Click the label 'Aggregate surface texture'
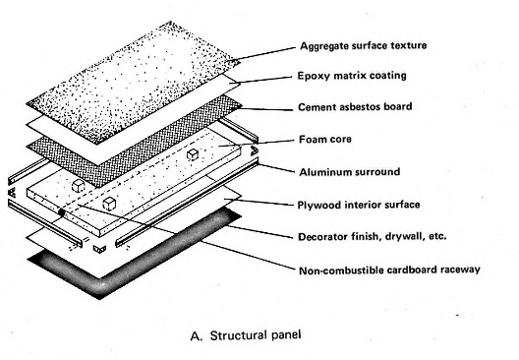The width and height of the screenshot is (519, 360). [x=363, y=45]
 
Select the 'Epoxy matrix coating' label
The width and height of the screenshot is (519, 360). [x=352, y=76]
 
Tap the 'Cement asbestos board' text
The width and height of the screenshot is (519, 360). [x=355, y=107]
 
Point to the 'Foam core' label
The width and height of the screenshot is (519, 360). [x=325, y=139]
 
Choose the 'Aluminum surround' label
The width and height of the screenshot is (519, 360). [x=350, y=172]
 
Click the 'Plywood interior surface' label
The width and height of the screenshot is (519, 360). [x=359, y=205]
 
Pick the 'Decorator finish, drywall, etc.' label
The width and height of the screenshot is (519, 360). [x=372, y=237]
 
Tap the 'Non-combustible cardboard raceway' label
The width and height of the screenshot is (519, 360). [x=389, y=270]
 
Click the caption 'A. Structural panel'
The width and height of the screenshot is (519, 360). [x=246, y=335]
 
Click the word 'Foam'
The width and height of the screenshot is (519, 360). [x=313, y=139]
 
